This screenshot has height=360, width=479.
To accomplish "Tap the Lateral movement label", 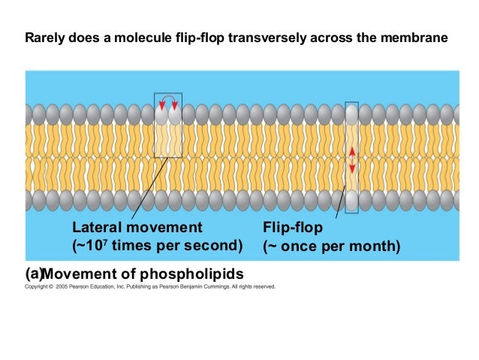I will coord(137,227).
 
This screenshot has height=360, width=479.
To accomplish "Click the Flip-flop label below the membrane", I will coord(291,227).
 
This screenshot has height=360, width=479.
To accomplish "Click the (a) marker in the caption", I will coord(34,272).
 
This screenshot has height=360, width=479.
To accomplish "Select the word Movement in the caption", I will coord(80,272).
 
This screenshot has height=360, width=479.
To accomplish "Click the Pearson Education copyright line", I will coord(150,286).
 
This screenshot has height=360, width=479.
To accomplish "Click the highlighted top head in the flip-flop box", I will coord(351,114).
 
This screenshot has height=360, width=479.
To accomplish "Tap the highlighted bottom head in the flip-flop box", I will coord(351,201).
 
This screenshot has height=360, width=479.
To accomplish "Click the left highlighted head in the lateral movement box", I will coord(161,115).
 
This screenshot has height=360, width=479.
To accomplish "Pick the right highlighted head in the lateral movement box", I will coord(175,115).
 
